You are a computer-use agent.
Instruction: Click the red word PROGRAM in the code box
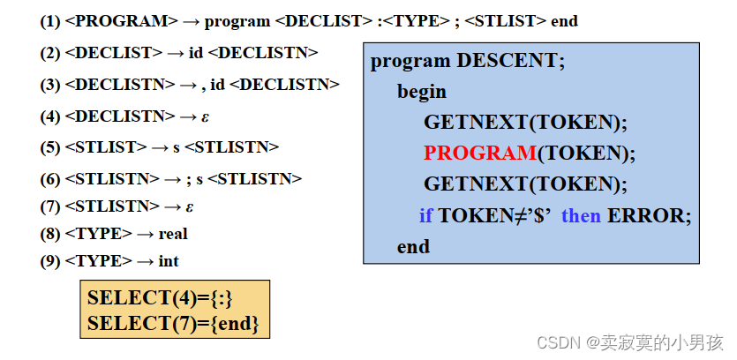[479, 153]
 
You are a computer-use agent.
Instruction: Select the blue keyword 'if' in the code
[426, 215]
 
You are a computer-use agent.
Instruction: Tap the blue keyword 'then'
[581, 215]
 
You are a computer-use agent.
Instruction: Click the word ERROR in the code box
[649, 215]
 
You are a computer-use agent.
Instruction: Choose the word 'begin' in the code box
[422, 91]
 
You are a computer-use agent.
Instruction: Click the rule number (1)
[50, 20]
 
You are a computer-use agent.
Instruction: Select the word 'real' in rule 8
[173, 234]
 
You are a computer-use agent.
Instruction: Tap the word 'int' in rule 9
[169, 261]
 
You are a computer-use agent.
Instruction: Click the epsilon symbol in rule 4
[205, 116]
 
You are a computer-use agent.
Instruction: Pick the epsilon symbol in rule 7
[190, 206]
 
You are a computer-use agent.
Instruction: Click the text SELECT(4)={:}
[160, 298]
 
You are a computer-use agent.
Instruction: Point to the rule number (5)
[50, 146]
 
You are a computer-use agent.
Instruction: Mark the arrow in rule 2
[176, 53]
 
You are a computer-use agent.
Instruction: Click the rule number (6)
[50, 178]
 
